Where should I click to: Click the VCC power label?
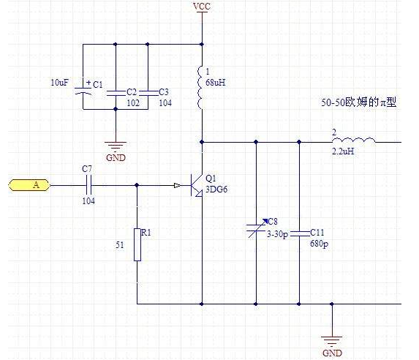(202, 7)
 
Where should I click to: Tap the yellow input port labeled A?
(29, 185)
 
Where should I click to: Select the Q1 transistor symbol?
(196, 185)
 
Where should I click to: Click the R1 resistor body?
(137, 244)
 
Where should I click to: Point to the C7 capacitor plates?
(88, 185)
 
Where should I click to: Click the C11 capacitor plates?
(299, 234)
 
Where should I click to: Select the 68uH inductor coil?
(201, 87)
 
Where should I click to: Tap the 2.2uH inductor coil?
(353, 140)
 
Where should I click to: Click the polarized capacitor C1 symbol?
(83, 90)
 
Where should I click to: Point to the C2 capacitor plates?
(116, 93)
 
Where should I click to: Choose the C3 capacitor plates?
(148, 93)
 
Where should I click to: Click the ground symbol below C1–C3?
(116, 146)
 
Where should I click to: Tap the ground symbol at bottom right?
(332, 341)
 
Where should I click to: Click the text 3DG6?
(216, 190)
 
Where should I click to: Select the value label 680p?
(320, 244)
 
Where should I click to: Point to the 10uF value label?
(59, 83)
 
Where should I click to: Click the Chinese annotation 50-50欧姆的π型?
(358, 102)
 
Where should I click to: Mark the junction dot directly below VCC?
(202, 44)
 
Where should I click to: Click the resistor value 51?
(120, 244)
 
